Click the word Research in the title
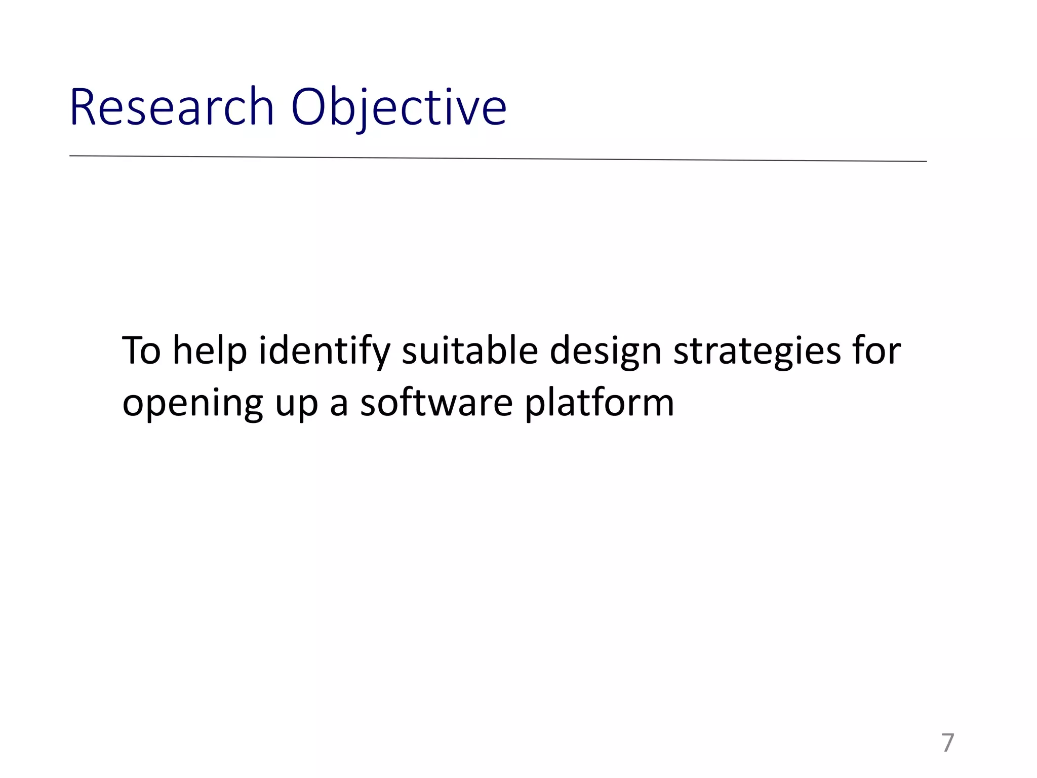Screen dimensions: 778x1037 (171, 107)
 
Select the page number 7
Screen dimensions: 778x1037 (947, 743)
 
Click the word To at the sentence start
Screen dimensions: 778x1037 (141, 351)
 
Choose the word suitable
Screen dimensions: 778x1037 (469, 351)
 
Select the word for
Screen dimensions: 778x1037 (877, 351)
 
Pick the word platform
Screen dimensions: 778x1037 (599, 404)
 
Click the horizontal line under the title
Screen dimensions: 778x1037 (498, 159)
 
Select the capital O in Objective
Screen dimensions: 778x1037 (308, 107)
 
